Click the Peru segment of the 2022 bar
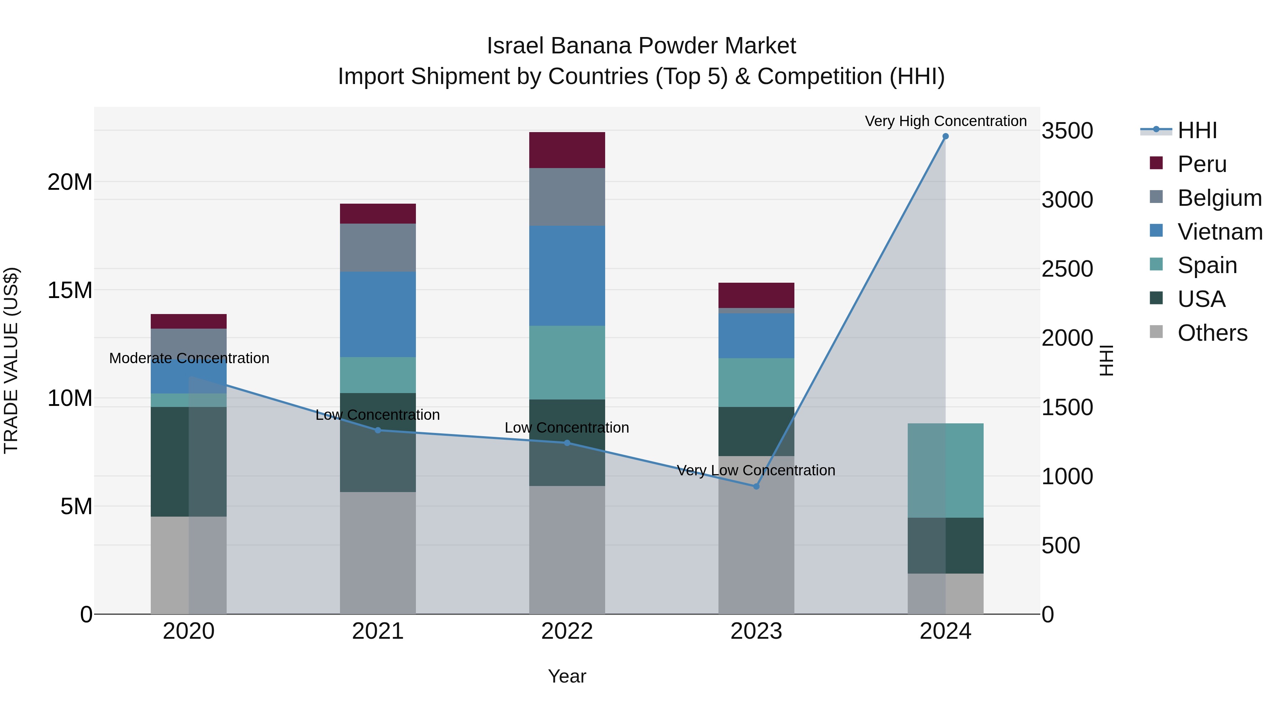tap(567, 150)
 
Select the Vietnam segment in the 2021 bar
tap(377, 314)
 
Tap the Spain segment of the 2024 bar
tap(945, 470)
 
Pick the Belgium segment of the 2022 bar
tap(567, 197)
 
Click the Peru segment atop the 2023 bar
tap(756, 295)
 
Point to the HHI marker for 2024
tap(945, 136)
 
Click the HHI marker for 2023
tap(756, 486)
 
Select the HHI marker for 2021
tap(377, 430)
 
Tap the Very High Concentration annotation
tap(945, 121)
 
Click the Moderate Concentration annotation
tap(189, 358)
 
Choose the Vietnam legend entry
tap(1219, 231)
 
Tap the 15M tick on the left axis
tap(70, 290)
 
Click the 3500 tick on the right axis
tap(1067, 131)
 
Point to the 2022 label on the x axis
tap(567, 631)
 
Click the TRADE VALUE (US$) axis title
tap(11, 360)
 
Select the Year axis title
tap(567, 676)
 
